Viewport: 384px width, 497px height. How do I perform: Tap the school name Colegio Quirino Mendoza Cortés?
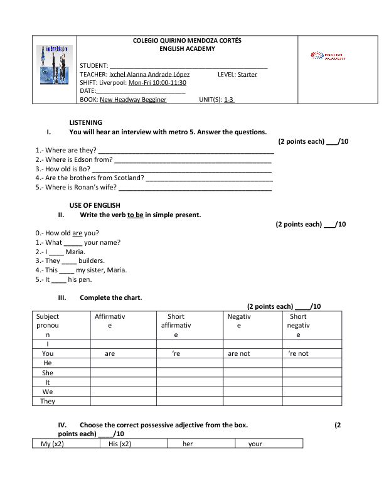(187, 40)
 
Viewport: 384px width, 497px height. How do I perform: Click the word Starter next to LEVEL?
(247, 74)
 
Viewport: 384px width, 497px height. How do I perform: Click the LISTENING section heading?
(85, 122)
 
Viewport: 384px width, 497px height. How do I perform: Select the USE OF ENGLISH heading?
(94, 205)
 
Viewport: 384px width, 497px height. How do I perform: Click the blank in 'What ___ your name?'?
(73, 242)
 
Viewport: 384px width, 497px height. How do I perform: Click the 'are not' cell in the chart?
(238, 353)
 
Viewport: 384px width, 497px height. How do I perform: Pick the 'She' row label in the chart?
(48, 372)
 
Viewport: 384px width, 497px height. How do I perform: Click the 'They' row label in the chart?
(48, 401)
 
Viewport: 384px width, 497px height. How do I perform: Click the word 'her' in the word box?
(188, 444)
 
